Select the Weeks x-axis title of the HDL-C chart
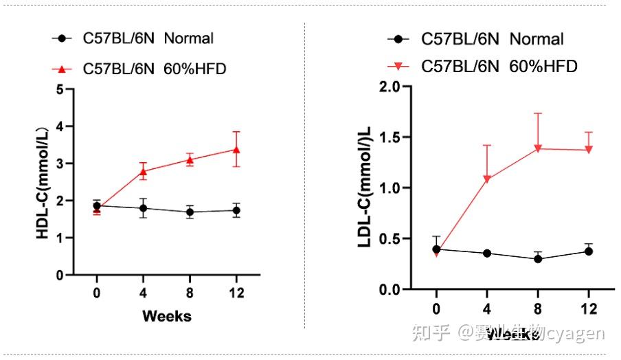click(x=167, y=316)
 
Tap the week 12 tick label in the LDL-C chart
click(x=588, y=307)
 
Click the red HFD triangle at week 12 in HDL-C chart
click(x=236, y=149)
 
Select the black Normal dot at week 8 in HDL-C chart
click(x=190, y=212)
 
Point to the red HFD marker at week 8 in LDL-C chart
click(x=538, y=148)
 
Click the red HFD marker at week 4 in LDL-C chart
click(x=487, y=179)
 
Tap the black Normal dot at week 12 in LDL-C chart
click(x=589, y=251)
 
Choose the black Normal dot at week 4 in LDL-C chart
click(x=487, y=254)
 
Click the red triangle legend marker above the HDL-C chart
click(x=63, y=69)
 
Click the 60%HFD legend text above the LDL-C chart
click(x=543, y=67)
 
